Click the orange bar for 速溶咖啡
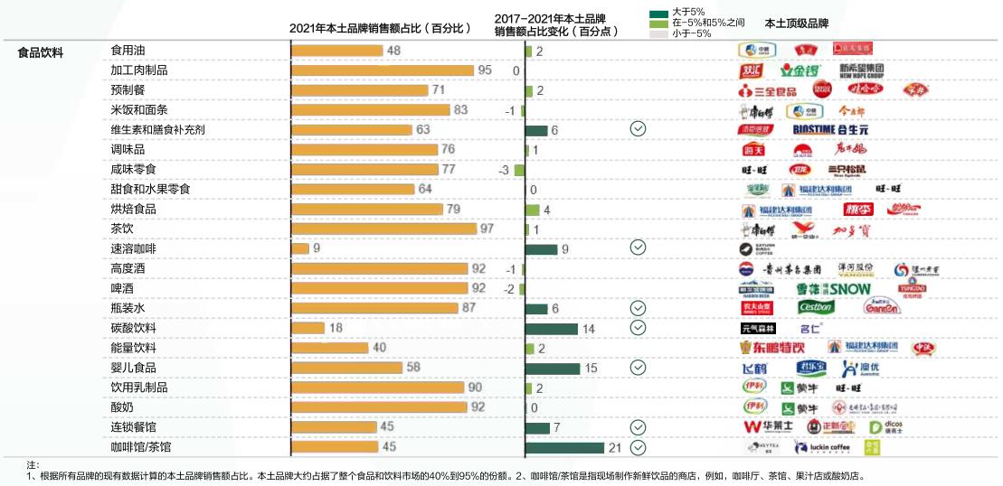point(299,248)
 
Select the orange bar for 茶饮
point(383,229)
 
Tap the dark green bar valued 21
point(564,447)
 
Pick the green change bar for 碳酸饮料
point(551,328)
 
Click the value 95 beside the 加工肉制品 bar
point(485,70)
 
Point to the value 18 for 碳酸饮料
point(336,328)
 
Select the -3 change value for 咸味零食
point(504,170)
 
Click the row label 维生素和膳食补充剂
point(157,130)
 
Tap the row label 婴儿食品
point(133,368)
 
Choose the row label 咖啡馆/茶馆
point(140,447)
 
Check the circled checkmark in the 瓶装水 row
point(638,308)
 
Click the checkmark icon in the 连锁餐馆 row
point(638,427)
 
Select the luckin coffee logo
point(822,447)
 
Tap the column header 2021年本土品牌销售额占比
point(380,28)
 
